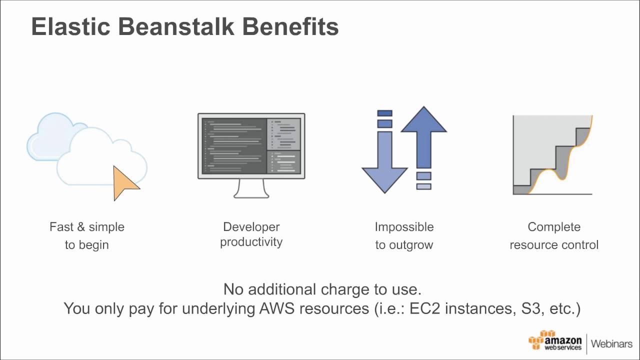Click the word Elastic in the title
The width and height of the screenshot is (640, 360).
pos(71,26)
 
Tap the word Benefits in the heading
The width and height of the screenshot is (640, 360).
pos(290,26)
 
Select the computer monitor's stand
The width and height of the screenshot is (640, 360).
pos(251,189)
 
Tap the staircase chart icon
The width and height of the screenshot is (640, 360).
pos(552,155)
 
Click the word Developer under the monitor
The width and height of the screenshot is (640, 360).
pos(251,227)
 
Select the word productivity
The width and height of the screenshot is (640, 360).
pos(251,242)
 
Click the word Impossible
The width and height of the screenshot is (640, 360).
pos(404,227)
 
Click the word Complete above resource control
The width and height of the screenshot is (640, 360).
pos(554,227)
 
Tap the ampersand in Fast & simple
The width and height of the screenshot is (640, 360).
pos(81,227)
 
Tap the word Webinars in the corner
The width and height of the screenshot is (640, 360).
pos(611,343)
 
